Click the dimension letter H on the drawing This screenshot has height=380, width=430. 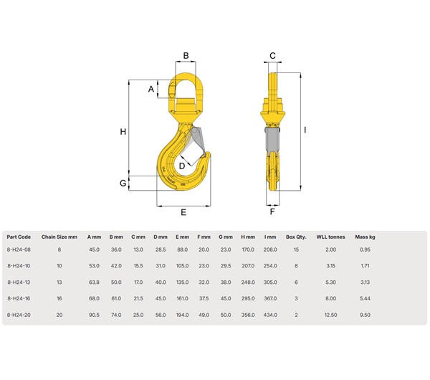pos(123,131)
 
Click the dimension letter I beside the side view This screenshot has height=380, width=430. pos(305,130)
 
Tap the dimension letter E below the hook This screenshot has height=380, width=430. pos(183,212)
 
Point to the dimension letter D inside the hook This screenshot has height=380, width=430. pos(182,166)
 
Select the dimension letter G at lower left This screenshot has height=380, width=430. pos(123,184)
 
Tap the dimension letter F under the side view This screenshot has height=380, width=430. pos(272,212)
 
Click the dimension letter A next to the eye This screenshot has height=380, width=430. pos(151,89)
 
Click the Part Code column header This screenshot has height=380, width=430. pos(19,236)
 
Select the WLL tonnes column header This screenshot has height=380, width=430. pos(330,236)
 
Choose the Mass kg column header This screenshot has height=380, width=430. pos(365,236)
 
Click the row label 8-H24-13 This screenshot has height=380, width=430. pos(19,282)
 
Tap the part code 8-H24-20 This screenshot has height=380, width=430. pos(19,314)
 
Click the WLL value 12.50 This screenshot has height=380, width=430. pos(330,314)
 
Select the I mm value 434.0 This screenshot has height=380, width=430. pos(270,314)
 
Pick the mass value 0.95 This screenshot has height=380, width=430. pos(365,250)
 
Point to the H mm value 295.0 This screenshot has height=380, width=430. pos(248,298)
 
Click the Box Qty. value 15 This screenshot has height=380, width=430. pos(296,250)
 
